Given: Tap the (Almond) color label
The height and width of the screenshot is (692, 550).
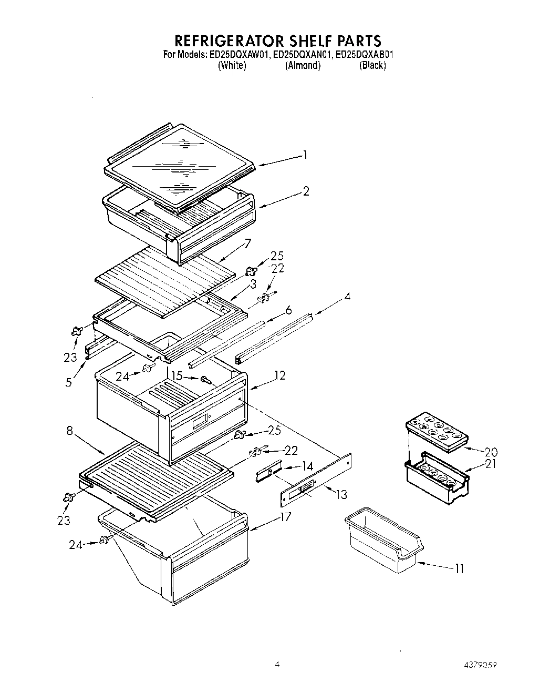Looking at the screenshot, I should click(x=303, y=66).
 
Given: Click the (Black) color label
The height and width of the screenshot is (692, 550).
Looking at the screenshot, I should click(x=372, y=66).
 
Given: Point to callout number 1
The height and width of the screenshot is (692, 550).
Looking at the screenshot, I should click(x=305, y=155).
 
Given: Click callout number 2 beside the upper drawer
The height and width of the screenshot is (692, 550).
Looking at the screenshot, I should click(x=306, y=191).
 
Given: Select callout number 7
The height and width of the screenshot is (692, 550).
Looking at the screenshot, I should click(x=248, y=243).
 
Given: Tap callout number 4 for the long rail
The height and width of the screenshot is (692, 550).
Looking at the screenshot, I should click(x=347, y=297).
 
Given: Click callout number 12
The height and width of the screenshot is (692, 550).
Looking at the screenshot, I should click(x=279, y=375).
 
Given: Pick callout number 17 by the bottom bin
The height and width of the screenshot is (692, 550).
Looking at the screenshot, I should click(x=285, y=517).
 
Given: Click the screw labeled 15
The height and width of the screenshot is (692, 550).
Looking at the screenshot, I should click(x=205, y=379).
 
